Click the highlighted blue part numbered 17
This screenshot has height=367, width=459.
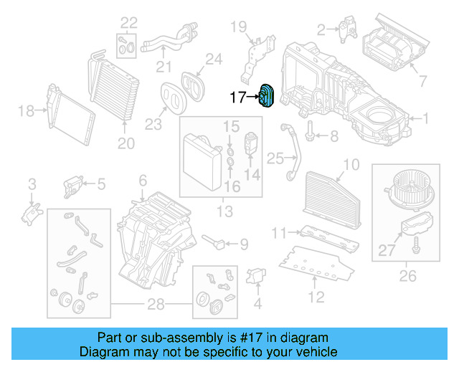[x=268, y=97]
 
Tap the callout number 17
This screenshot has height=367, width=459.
[x=237, y=97]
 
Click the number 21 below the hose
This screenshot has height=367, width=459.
[x=165, y=67]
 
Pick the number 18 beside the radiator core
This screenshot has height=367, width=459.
[x=26, y=110]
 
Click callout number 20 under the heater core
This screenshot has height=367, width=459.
[x=126, y=144]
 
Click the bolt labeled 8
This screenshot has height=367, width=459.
[x=310, y=135]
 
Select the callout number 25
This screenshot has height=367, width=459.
[x=275, y=158]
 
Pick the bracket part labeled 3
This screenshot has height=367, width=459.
[x=32, y=211]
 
